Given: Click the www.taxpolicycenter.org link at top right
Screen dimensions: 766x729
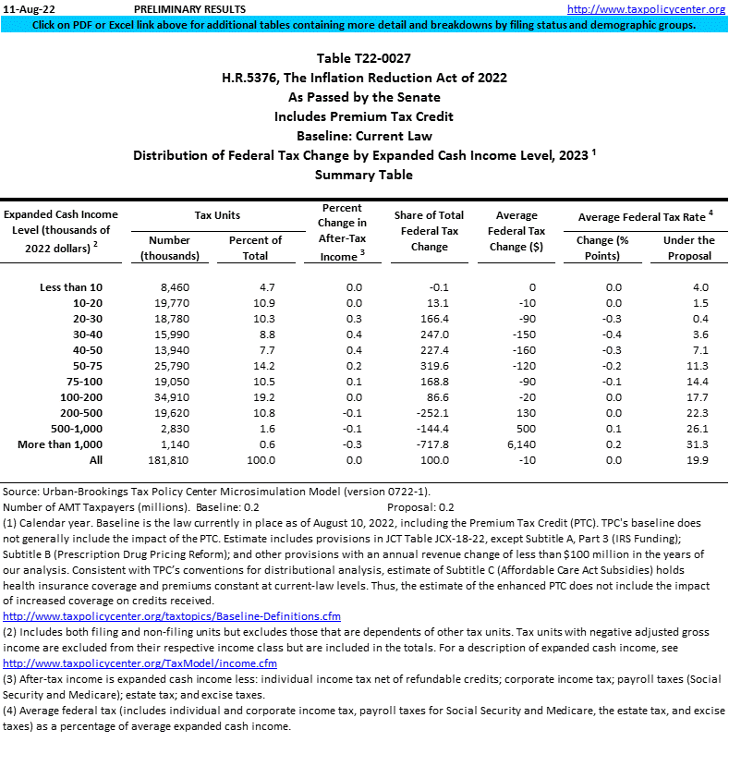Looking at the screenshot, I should coord(646,8).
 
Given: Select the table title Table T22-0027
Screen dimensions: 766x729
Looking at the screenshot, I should coord(364,58).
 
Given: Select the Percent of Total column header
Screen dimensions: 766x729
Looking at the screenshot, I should coord(255,248).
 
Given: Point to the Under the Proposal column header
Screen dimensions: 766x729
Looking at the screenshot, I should coord(689,248).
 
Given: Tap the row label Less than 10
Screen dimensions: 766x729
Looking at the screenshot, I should coord(71,287).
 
